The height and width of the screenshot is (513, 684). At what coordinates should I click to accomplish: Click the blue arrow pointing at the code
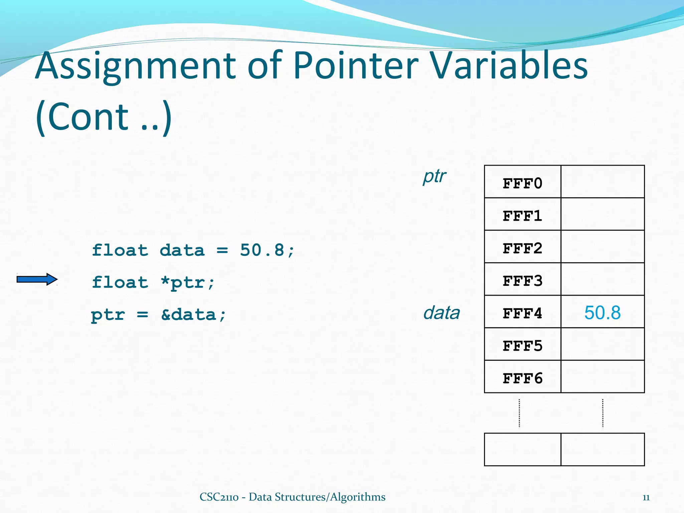[x=37, y=279]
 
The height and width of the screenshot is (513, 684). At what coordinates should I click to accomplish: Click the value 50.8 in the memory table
[x=602, y=313]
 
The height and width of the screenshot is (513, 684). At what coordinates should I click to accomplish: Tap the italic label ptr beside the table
[x=434, y=176]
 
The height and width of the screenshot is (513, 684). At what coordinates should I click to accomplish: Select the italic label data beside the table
[x=442, y=313]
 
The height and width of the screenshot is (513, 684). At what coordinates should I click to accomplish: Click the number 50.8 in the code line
[x=262, y=250]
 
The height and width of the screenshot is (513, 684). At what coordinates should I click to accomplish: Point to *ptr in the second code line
[x=187, y=283]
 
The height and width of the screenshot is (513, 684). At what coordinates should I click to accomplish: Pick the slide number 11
[x=646, y=498]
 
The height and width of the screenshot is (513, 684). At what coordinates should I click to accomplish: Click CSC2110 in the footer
[x=219, y=497]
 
